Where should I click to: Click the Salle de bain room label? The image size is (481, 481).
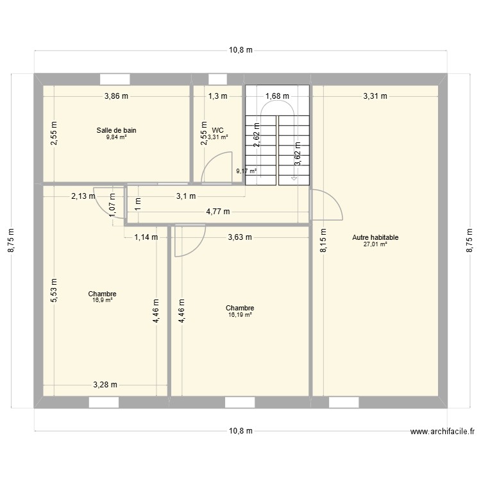coord(116,130)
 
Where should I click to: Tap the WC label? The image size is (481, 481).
coord(218,130)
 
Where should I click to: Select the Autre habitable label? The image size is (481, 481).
coord(375,237)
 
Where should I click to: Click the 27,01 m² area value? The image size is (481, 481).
coord(375,244)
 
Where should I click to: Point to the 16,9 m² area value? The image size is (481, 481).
coord(103,300)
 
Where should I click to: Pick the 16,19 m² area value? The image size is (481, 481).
coord(240,315)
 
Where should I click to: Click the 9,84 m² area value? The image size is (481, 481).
coord(116,137)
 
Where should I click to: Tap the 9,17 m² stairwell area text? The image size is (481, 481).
coord(246,171)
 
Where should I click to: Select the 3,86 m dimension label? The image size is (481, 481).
coord(117,97)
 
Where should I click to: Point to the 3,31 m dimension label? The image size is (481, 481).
coord(375,97)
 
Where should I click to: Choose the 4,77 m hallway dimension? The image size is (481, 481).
coord(218,211)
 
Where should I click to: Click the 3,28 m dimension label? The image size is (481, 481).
coord(105,385)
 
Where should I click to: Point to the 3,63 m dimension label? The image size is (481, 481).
coord(240,237)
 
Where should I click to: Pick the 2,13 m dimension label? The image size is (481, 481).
coord(83,196)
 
